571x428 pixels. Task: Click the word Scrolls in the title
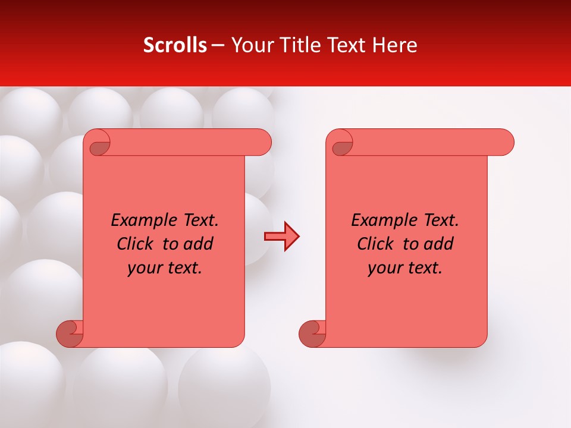click(175, 45)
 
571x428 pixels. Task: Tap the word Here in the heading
click(394, 45)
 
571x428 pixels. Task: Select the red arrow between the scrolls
click(281, 237)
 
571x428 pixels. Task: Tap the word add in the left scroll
click(199, 244)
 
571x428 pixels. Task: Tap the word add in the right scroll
click(439, 244)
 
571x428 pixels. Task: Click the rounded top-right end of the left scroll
click(262, 143)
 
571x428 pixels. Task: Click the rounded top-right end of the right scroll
click(504, 143)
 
